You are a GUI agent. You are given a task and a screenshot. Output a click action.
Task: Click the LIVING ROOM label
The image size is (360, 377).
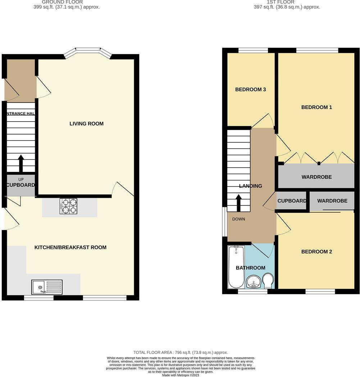(x=86, y=124)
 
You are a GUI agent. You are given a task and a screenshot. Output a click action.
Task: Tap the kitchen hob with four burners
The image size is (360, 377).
(x=68, y=206)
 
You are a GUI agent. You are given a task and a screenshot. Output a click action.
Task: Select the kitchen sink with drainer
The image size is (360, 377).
(x=47, y=287)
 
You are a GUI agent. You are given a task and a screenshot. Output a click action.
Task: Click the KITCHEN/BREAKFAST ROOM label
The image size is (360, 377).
(x=70, y=247)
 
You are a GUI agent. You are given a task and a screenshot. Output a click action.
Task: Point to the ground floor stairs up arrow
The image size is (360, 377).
(x=21, y=163)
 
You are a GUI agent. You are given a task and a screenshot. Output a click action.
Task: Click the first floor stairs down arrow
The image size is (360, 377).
(x=238, y=203)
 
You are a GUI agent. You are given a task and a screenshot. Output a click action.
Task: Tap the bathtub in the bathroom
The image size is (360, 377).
(x=236, y=267)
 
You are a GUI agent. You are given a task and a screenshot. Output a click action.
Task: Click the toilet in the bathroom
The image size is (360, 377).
(x=268, y=280)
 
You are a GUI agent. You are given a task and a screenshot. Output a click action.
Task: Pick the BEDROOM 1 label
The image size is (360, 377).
(x=316, y=107)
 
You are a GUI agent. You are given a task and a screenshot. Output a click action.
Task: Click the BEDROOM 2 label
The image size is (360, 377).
(x=316, y=252)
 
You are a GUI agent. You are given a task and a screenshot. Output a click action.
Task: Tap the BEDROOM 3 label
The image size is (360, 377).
(x=250, y=90)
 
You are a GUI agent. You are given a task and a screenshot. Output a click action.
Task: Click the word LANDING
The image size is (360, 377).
(x=251, y=186)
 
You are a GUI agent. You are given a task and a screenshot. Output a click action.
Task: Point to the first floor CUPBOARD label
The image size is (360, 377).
(x=292, y=201)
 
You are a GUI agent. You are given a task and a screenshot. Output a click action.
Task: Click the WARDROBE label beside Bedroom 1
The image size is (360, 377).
(x=316, y=177)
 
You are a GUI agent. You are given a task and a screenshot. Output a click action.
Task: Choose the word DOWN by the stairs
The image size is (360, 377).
(x=238, y=219)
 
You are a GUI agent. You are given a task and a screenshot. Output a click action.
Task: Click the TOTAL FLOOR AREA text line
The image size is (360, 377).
(x=180, y=353)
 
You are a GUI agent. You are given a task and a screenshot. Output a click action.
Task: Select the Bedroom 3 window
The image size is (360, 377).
(x=253, y=50)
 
